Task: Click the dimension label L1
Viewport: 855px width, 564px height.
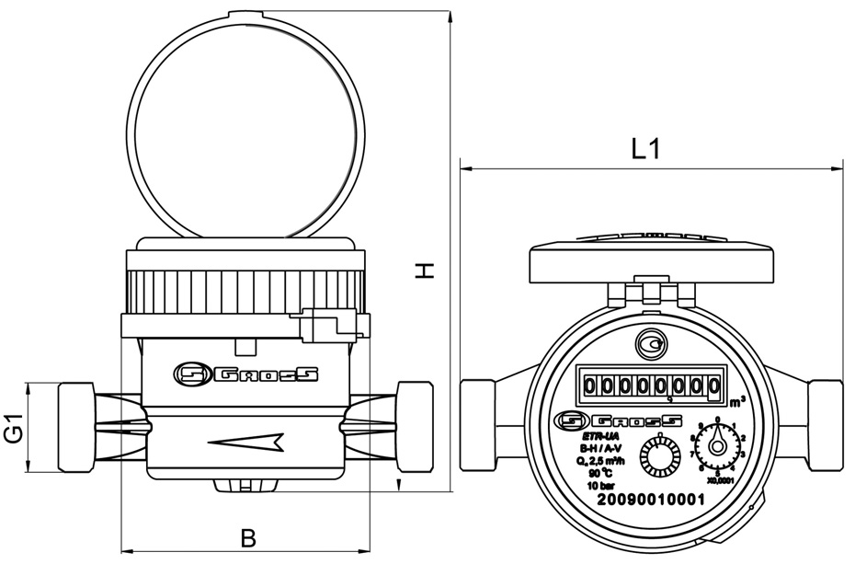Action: click(x=647, y=148)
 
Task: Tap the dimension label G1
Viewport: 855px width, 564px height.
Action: click(x=13, y=428)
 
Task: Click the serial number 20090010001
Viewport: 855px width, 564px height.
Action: click(x=650, y=500)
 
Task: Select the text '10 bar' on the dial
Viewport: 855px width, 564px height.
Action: click(x=601, y=484)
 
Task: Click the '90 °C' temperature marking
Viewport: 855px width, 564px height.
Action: click(x=601, y=473)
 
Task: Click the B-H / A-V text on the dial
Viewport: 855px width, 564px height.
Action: click(x=601, y=449)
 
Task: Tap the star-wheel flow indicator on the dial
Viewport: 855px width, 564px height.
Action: click(x=658, y=454)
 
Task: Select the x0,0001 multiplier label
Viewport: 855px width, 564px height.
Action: click(x=719, y=479)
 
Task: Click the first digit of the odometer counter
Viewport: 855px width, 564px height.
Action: click(x=589, y=386)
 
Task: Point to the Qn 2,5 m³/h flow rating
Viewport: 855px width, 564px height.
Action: click(x=601, y=461)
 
